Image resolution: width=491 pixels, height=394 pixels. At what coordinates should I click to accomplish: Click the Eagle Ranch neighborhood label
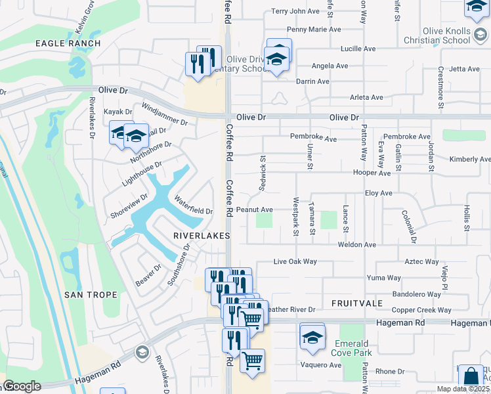[68, 43]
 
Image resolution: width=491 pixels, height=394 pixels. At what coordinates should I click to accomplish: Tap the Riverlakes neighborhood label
[202, 235]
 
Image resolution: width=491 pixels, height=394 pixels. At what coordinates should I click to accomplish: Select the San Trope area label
[91, 295]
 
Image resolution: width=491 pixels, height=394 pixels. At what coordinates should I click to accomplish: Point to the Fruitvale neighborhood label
[357, 303]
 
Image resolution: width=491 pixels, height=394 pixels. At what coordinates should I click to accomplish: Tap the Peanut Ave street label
[255, 210]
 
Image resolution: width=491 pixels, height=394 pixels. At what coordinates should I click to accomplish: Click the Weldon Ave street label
[356, 245]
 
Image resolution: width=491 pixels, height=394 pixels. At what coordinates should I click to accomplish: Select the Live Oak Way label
[295, 262]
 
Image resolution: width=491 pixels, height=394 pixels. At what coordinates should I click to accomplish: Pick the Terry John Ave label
[295, 11]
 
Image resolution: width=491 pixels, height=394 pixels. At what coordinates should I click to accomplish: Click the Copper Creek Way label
[421, 310]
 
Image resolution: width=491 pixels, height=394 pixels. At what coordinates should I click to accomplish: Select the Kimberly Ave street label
[469, 160]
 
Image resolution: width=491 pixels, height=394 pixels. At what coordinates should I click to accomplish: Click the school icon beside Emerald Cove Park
[312, 336]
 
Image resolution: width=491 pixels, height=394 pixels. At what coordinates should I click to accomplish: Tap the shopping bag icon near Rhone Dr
[471, 377]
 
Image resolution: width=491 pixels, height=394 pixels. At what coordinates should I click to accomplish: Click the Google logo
[22, 386]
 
